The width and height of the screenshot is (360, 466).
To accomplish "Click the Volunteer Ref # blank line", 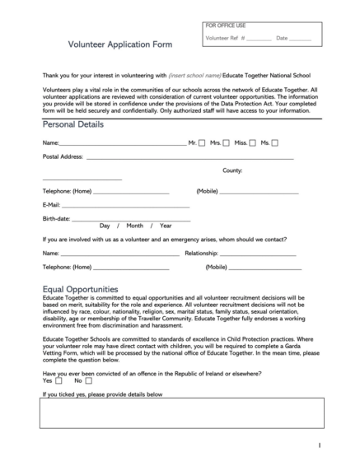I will (x=259, y=40).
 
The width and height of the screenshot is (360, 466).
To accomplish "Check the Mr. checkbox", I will (x=202, y=143).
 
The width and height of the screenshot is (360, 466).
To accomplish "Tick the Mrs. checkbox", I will (x=228, y=143).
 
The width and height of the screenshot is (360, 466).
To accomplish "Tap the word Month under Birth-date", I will (x=134, y=226).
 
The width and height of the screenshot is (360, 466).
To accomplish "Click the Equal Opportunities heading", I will (x=79, y=290).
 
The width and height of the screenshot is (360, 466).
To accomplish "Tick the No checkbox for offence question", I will (x=88, y=381).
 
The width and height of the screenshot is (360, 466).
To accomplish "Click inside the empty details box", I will (x=180, y=413).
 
